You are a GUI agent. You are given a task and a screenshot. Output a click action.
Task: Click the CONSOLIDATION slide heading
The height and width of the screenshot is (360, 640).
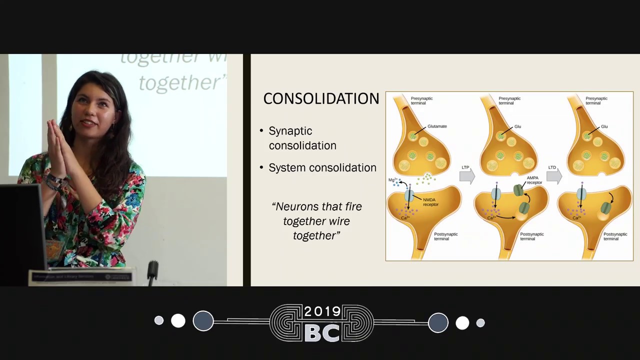coord(321,98)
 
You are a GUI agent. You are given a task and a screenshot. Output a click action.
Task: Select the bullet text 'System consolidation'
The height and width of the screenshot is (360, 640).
coord(322,167)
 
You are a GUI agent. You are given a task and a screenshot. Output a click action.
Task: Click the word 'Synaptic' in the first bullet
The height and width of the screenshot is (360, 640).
coord(290,131)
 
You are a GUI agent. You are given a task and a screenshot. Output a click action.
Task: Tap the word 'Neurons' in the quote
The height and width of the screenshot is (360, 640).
coord(298,206)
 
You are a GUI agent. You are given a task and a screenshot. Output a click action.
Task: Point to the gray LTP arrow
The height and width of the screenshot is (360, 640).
coord(466,175)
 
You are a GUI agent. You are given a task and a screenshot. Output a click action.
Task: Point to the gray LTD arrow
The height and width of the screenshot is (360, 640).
coord(553,175)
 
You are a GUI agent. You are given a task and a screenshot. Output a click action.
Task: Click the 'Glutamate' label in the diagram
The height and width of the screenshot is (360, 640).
coord(437,126)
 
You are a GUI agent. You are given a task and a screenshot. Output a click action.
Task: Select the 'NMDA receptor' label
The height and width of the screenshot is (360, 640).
coord(430,202)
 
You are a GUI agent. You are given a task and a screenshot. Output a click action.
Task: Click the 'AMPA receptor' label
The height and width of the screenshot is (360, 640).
coord(534,180)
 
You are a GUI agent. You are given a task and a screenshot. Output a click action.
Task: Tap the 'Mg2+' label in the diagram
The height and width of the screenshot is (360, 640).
coord(392,180)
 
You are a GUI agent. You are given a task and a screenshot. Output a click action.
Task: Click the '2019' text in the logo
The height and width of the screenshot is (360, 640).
coord(322,312)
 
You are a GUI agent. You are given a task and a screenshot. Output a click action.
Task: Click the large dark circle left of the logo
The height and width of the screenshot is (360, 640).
coord(203,321)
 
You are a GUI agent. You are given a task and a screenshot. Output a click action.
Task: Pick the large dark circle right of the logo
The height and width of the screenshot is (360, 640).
coord(438,322)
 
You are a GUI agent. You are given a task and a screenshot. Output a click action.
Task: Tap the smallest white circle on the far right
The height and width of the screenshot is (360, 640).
coord(480,323)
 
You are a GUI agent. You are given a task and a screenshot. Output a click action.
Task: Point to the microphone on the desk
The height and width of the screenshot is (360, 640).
coord(152,270)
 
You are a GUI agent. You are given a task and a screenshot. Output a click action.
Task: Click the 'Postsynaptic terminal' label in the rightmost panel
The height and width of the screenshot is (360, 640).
coord(615,236)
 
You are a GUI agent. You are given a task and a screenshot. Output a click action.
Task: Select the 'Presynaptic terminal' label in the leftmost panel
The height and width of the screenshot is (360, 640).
coord(421,100)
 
